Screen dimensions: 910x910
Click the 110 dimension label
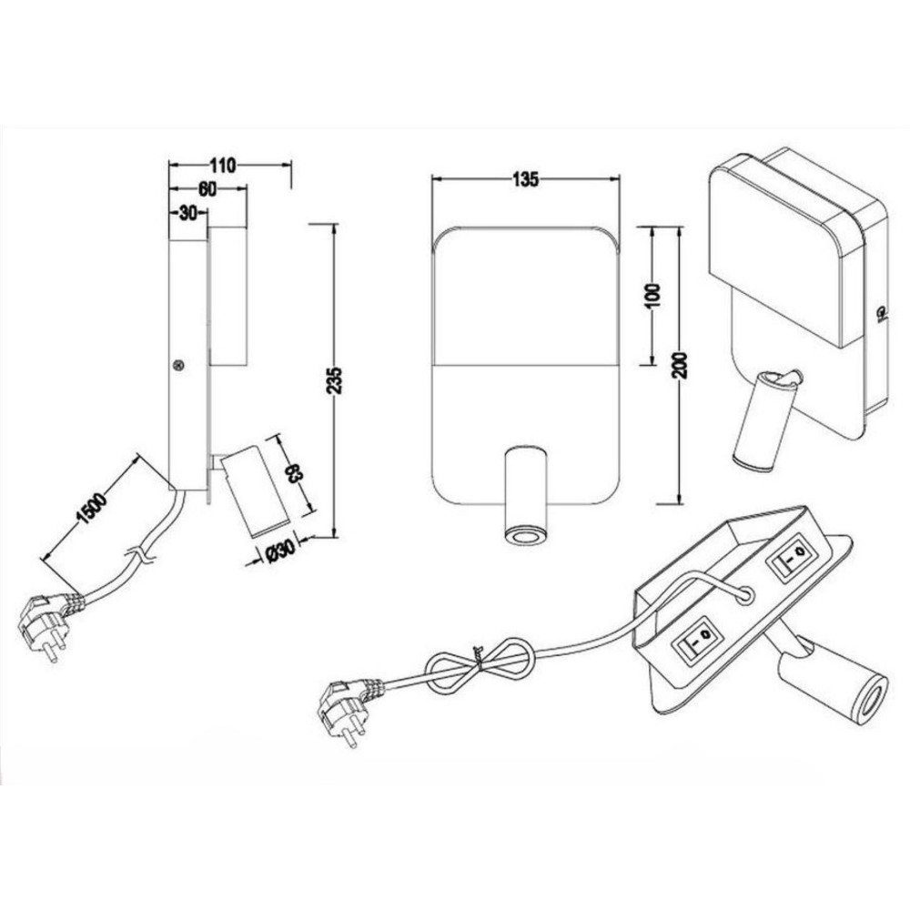coord(223,166)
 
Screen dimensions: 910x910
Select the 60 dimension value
coord(207,190)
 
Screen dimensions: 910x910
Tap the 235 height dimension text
coord(334,380)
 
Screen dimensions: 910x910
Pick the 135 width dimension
coord(525,180)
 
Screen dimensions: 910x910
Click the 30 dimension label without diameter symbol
coord(187,214)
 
